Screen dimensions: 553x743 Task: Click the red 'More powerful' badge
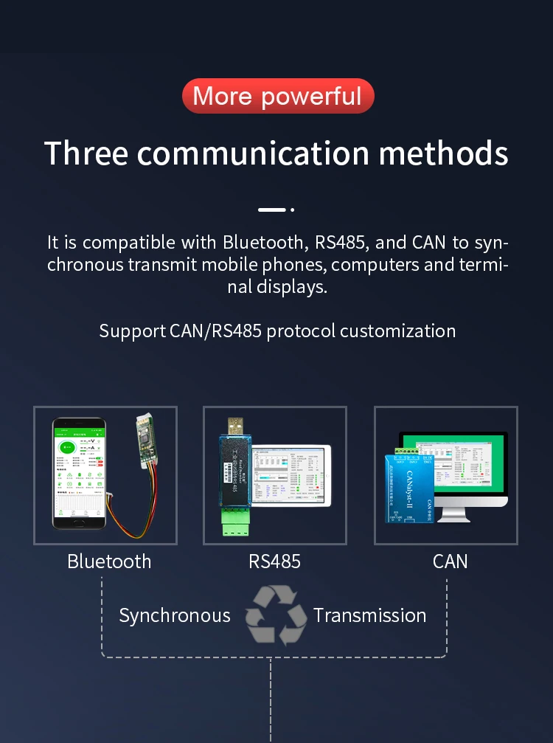[277, 96]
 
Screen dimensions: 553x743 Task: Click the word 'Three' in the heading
[86, 153]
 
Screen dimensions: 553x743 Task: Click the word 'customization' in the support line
[397, 331]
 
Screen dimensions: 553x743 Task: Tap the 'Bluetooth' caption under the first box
[109, 561]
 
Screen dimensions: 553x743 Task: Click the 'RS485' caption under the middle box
[274, 561]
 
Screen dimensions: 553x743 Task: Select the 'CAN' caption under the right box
[450, 561]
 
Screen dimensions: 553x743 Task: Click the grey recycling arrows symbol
[275, 615]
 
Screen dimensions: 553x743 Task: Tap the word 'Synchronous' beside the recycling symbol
[175, 615]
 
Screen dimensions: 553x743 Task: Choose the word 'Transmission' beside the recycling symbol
[369, 615]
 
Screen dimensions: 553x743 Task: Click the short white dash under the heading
[271, 210]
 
